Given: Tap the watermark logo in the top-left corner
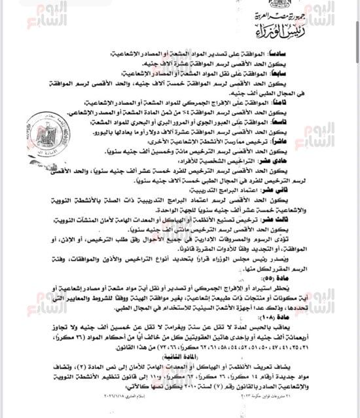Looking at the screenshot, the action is click(x=42, y=14).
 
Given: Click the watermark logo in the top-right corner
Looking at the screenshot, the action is click(x=334, y=14).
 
